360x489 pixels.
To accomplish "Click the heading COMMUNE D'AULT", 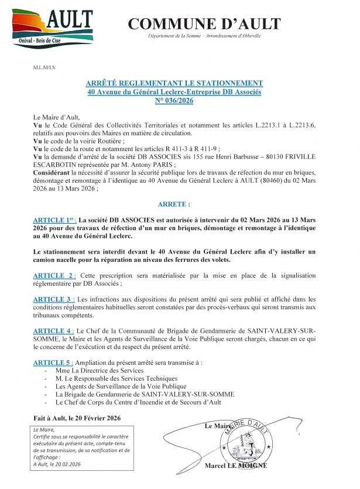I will pyautogui.click(x=204, y=24).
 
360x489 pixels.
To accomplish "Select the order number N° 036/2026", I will pyautogui.click(x=174, y=101).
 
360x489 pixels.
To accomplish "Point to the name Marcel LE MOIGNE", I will pyautogui.click(x=236, y=466).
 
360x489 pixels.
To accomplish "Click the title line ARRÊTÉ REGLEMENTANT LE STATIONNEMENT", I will pyautogui.click(x=174, y=83).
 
